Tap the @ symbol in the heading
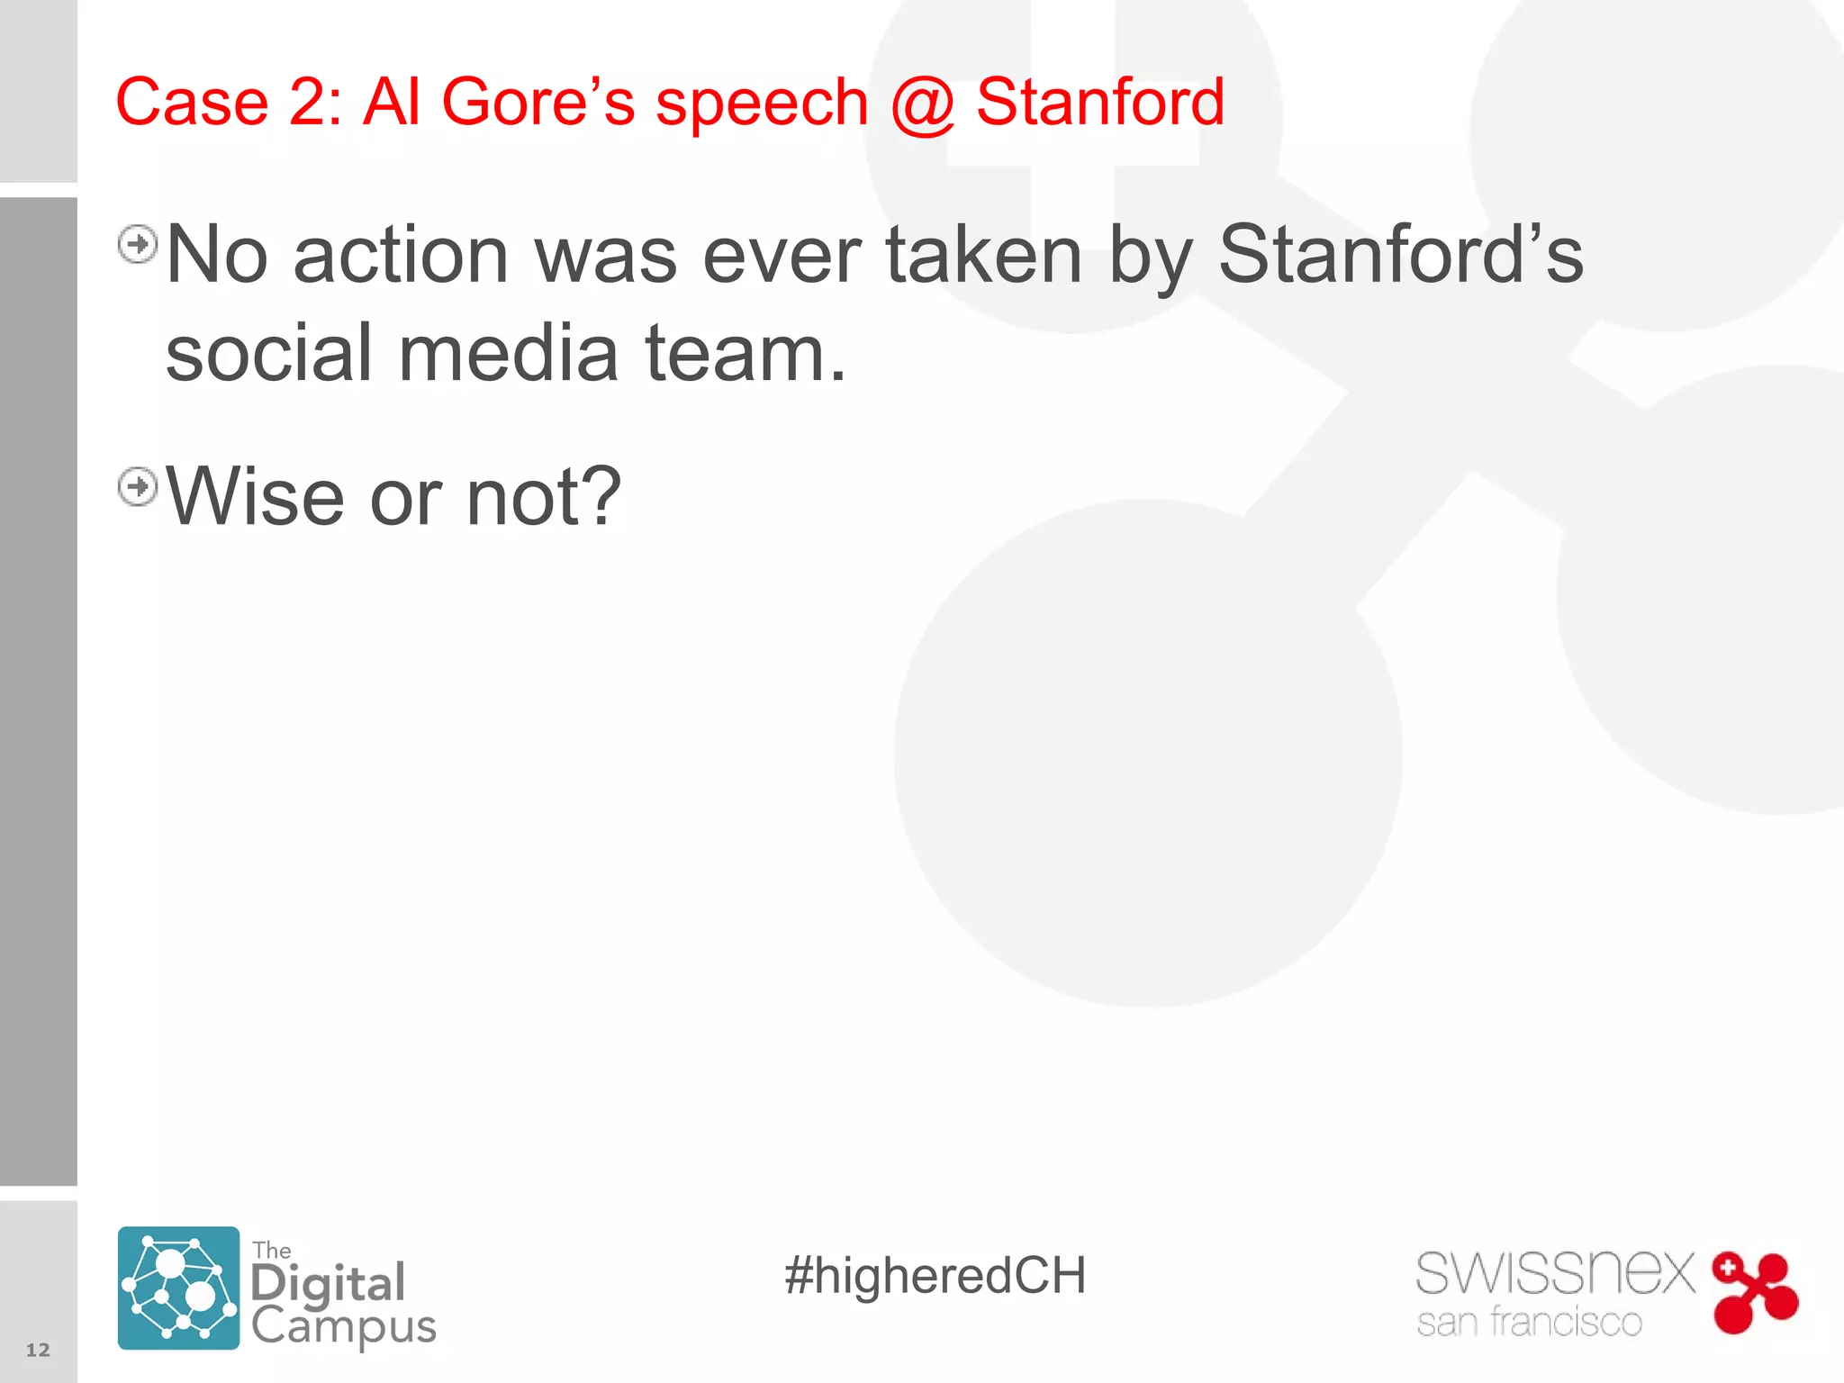(921, 104)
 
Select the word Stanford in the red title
(1099, 102)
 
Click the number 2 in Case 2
(308, 102)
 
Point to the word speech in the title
(762, 105)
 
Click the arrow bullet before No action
(138, 244)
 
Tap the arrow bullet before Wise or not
(138, 487)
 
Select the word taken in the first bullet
(983, 255)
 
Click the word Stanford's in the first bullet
(1400, 255)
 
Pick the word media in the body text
(508, 353)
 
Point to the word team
(745, 353)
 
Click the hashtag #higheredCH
(935, 1276)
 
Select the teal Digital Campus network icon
(178, 1288)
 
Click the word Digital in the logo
(328, 1284)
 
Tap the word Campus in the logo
(343, 1326)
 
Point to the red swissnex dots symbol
(1755, 1292)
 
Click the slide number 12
(38, 1350)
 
